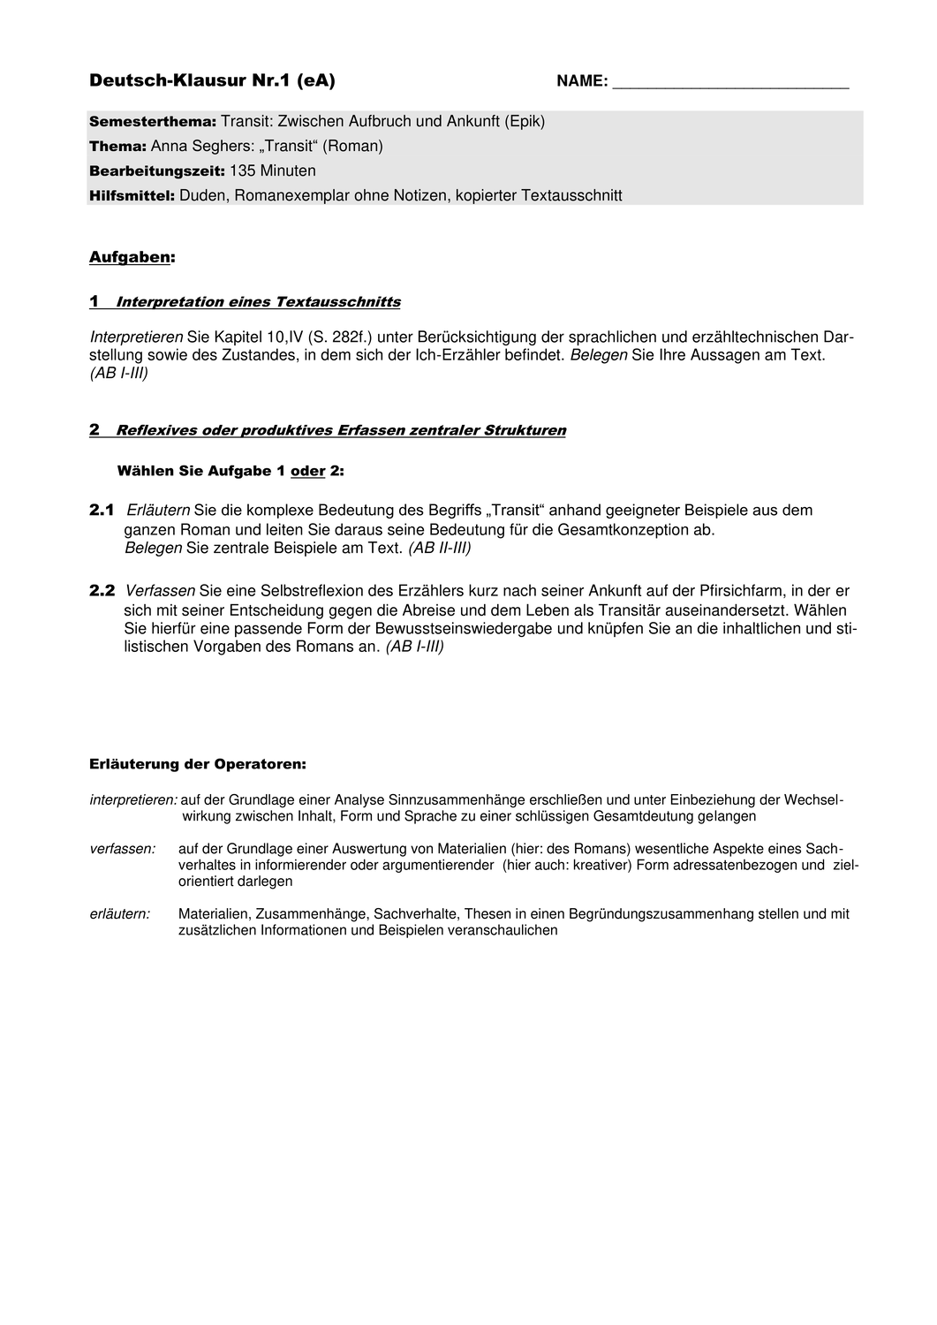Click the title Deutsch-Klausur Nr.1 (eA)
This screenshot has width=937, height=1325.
[212, 81]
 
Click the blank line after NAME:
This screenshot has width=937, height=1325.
[730, 84]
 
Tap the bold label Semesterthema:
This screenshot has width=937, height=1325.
[153, 122]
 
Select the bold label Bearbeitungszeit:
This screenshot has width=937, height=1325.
[157, 171]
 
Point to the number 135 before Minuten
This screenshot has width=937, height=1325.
[243, 171]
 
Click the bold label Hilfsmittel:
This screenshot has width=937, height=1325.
[132, 196]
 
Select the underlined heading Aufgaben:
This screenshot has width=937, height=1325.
[132, 258]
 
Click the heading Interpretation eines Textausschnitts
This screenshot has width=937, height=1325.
[258, 302]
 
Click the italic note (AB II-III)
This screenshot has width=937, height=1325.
[439, 549]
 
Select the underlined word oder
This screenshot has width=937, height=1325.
[308, 472]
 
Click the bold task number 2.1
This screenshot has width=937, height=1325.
[102, 511]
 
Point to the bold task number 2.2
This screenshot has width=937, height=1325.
[102, 591]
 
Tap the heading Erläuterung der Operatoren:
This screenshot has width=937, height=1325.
[198, 764]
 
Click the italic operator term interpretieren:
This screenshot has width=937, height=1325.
[133, 800]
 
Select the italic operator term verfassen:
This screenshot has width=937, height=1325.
[123, 849]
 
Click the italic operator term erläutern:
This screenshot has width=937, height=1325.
[120, 914]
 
